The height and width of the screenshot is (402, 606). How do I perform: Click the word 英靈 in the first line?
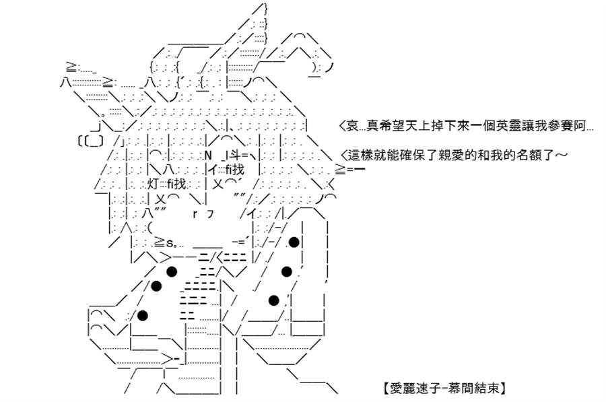508,126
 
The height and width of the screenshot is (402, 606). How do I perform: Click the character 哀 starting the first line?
352,126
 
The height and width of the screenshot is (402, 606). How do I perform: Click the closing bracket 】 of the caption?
502,388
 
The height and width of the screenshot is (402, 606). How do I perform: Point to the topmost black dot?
294,242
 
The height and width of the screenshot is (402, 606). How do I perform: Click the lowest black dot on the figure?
143,315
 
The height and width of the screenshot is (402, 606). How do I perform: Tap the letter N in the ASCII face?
208,156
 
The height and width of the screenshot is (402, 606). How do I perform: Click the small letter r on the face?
195,213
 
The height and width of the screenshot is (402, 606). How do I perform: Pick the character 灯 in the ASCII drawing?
153,184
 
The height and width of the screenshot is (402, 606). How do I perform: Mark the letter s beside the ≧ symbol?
170,244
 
